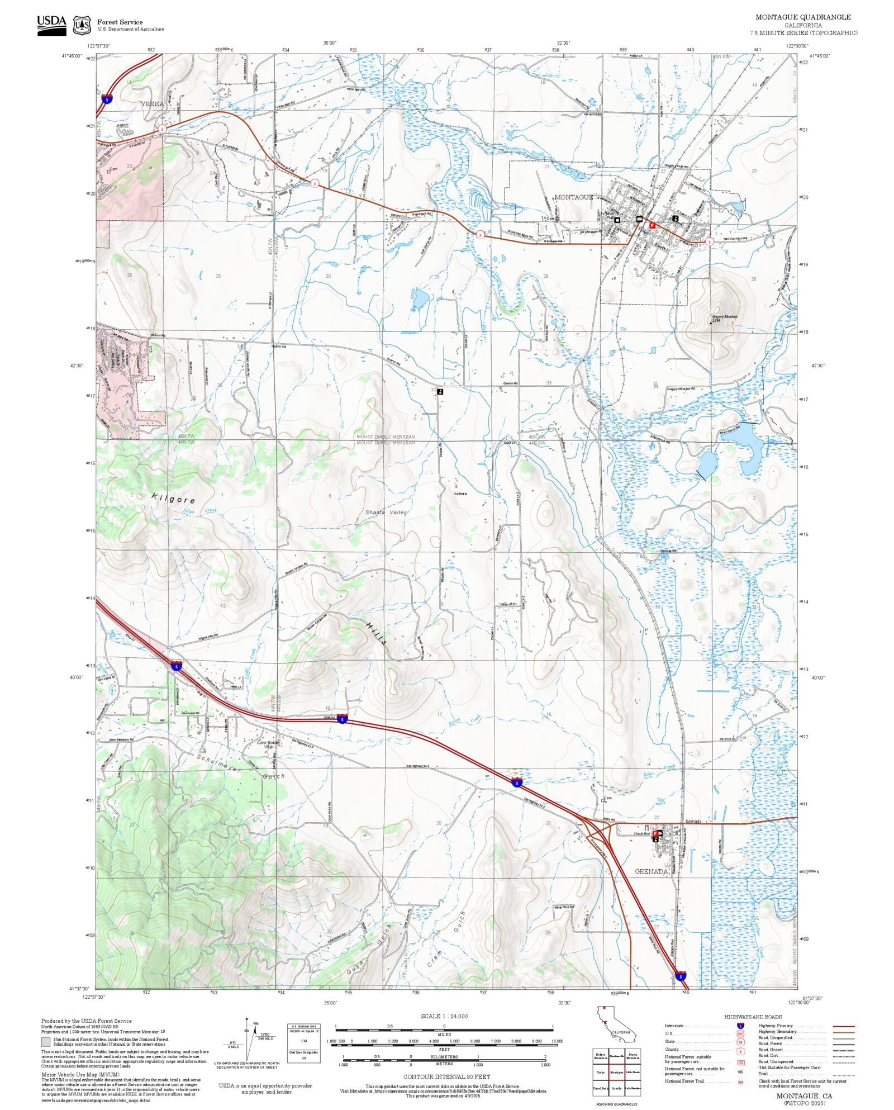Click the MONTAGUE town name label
pyautogui.click(x=573, y=197)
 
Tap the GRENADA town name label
pyautogui.click(x=652, y=871)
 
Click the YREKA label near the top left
pyautogui.click(x=153, y=104)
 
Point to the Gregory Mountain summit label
pyautogui.click(x=725, y=317)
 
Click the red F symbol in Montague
pyautogui.click(x=652, y=225)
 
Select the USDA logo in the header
pyautogui.click(x=51, y=25)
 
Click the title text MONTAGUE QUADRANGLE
pyautogui.click(x=803, y=17)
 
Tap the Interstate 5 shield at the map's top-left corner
pyautogui.click(x=107, y=99)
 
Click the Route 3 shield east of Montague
pyautogui.click(x=709, y=242)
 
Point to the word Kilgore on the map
pyautogui.click(x=173, y=499)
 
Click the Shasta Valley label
pyautogui.click(x=386, y=513)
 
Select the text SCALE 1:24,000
pyautogui.click(x=444, y=1016)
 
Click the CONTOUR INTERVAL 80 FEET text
pyautogui.click(x=446, y=1076)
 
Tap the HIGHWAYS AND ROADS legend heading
pyautogui.click(x=753, y=1016)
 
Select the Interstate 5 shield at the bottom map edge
pyautogui.click(x=680, y=975)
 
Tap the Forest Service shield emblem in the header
pyautogui.click(x=83, y=25)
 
